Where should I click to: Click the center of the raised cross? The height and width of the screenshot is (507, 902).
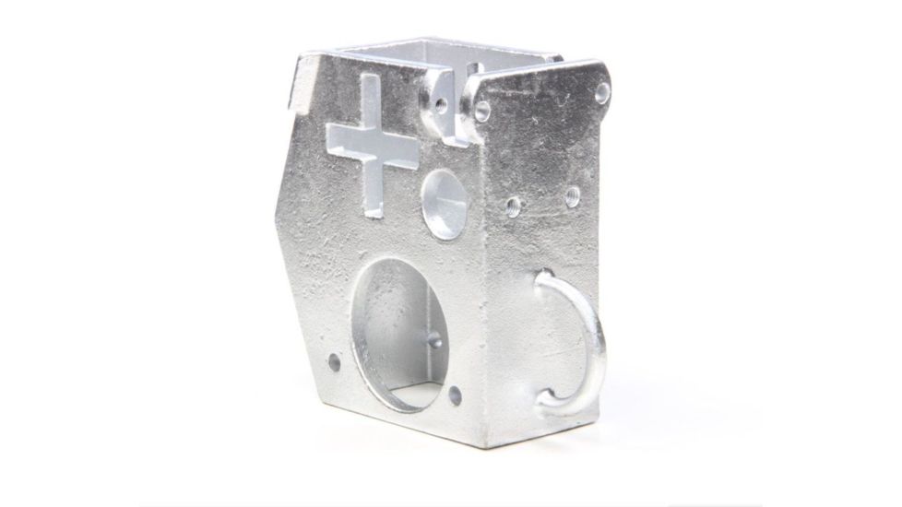pyautogui.click(x=372, y=146)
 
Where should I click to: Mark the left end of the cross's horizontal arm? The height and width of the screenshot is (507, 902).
pyautogui.click(x=329, y=136)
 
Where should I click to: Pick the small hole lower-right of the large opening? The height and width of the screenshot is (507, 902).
pyautogui.click(x=454, y=396)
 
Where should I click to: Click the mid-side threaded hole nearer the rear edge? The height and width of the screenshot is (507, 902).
pyautogui.click(x=571, y=195)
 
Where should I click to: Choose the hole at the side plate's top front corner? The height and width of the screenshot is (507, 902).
pyautogui.click(x=481, y=111)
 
